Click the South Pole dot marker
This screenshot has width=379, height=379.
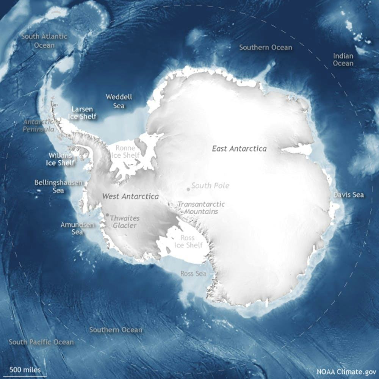click(188, 189)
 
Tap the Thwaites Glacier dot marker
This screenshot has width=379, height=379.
click(107, 215)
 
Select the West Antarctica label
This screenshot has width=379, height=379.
click(130, 197)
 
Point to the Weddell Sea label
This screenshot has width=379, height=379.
click(119, 101)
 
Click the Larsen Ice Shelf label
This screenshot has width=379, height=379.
click(82, 113)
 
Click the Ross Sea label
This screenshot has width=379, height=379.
click(193, 273)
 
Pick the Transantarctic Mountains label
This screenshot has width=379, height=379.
click(201, 208)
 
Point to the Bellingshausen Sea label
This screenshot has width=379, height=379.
click(58, 186)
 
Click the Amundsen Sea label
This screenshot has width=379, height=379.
click(77, 228)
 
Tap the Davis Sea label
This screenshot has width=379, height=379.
click(349, 195)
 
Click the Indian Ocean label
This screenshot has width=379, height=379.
click(343, 60)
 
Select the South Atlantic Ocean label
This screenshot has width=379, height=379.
click(44, 41)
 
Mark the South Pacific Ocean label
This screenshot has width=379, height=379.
click(41, 342)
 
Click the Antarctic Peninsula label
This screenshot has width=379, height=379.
click(39, 125)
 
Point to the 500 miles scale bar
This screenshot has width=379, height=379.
click(25, 376)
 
